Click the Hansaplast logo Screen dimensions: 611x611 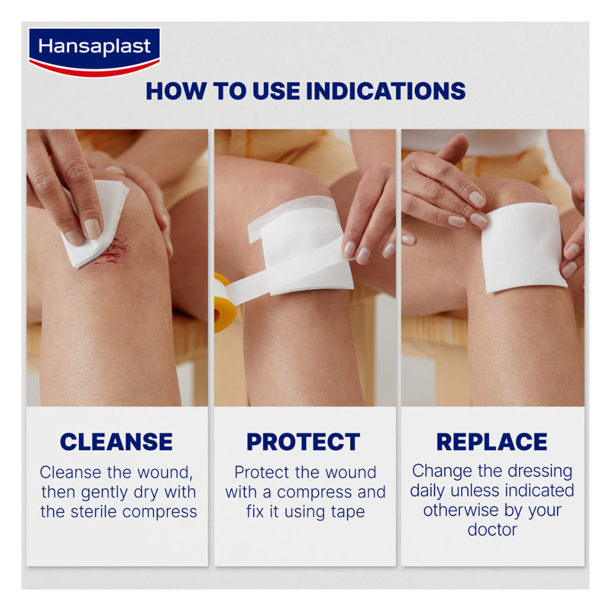(94, 49)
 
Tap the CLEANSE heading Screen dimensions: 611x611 (116, 442)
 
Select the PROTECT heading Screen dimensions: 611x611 (303, 442)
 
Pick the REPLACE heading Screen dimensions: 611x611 (492, 442)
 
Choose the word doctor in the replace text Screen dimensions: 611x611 (492, 530)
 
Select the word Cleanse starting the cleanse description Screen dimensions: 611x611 (70, 473)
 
